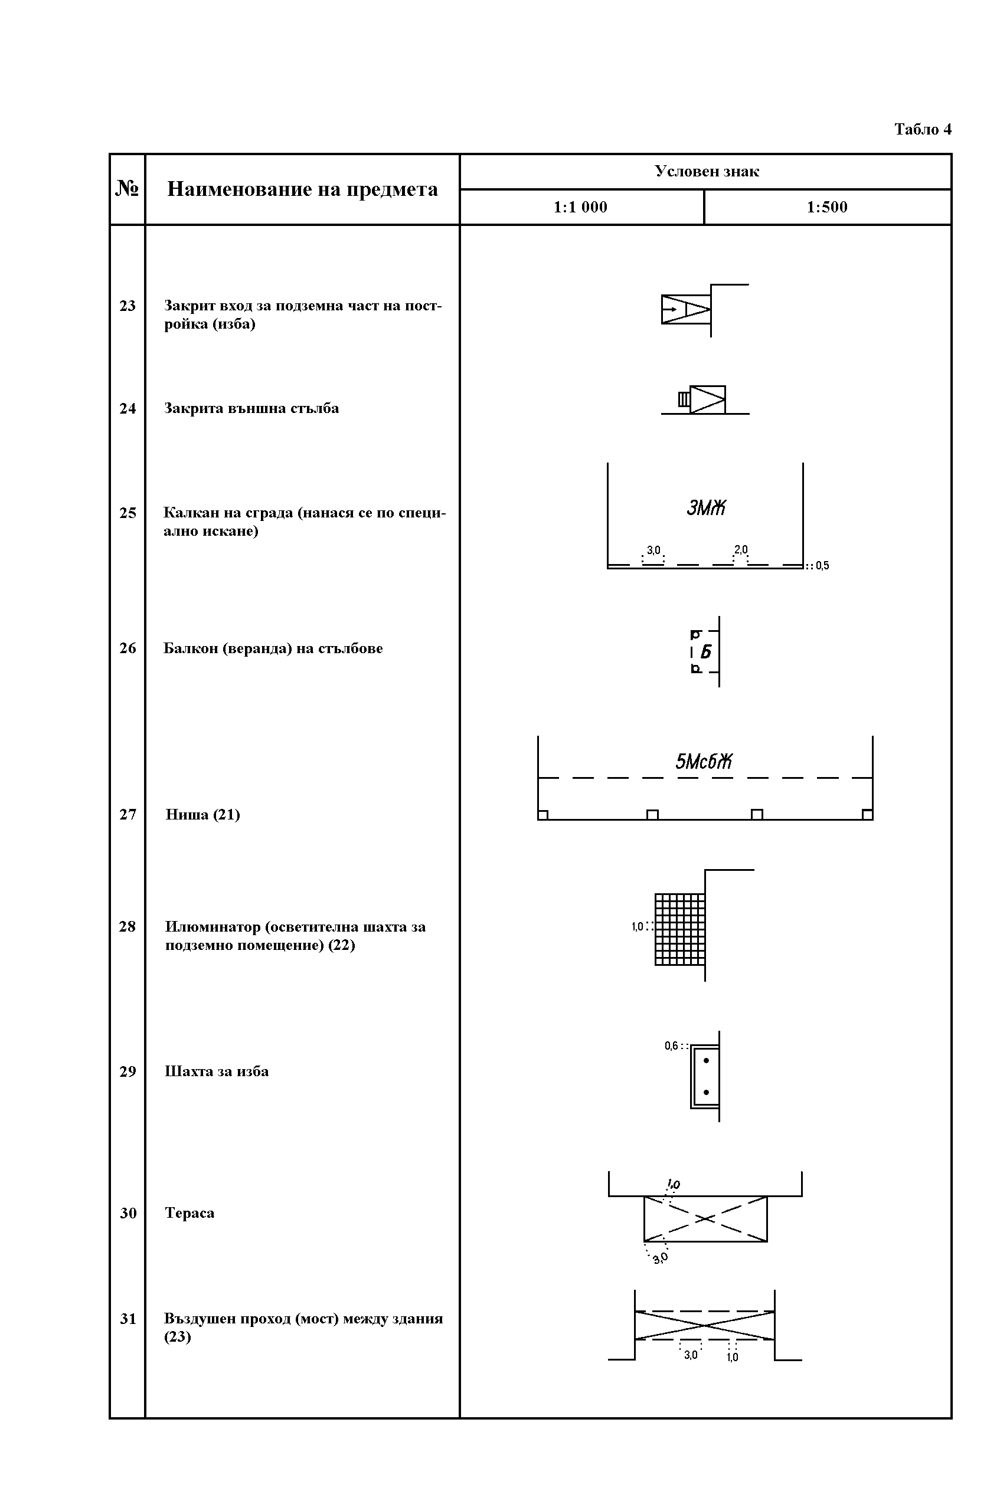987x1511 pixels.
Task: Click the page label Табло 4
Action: [x=923, y=130]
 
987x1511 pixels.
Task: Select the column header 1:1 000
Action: [x=580, y=207]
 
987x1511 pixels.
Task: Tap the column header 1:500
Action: [x=827, y=207]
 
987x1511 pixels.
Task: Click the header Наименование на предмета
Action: [x=302, y=189]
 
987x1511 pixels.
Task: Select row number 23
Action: [x=128, y=306]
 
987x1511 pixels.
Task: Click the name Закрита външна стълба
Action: [x=251, y=408]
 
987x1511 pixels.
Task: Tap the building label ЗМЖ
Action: [x=706, y=508]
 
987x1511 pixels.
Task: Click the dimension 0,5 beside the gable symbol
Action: [x=822, y=566]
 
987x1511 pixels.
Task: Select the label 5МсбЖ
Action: [x=704, y=761]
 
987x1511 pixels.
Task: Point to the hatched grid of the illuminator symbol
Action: [x=679, y=929]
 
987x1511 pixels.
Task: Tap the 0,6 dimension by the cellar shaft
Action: [x=671, y=1045]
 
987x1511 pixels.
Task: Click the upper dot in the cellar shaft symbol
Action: [x=706, y=1061]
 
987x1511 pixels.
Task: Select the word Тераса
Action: [x=189, y=1213]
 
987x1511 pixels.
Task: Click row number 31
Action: [x=128, y=1319]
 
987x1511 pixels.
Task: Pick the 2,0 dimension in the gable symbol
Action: [x=741, y=550]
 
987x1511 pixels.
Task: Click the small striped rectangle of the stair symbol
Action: [x=684, y=399]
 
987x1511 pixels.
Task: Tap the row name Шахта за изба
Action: [x=217, y=1071]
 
